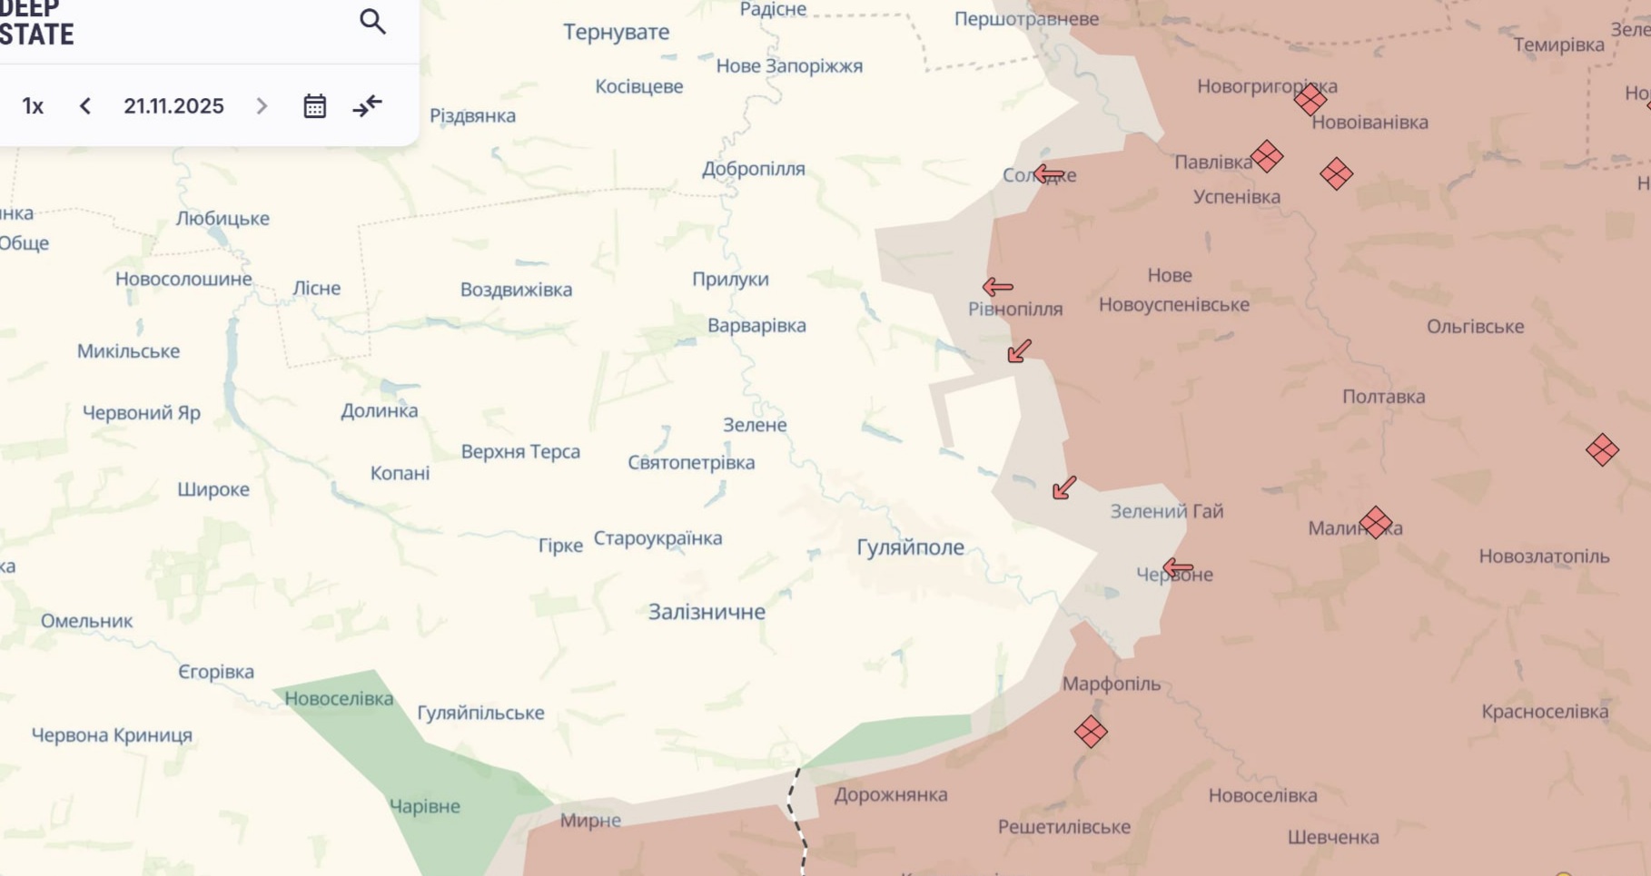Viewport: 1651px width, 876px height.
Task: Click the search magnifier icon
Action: pos(372,22)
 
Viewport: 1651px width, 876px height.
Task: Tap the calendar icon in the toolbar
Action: pos(314,106)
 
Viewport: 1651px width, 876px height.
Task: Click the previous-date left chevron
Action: pos(85,106)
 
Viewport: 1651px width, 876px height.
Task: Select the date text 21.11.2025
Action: pos(173,106)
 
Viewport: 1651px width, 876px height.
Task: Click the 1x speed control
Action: pos(33,106)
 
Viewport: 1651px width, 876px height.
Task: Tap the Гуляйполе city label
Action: pos(910,547)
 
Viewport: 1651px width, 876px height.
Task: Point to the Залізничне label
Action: pos(707,612)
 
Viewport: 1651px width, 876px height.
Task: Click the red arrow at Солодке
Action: pos(1049,173)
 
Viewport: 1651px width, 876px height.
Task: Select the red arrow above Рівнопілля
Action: pos(997,287)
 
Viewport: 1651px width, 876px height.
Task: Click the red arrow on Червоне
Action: pos(1178,568)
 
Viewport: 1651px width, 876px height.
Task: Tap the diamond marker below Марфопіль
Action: pos(1091,732)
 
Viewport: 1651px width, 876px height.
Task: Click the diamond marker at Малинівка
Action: pos(1376,523)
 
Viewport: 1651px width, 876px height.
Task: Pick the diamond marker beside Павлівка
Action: pos(1267,156)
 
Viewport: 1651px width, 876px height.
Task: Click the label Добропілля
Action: pos(753,169)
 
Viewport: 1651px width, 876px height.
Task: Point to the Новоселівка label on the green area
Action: pos(339,698)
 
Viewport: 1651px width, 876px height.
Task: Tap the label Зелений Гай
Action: pos(1166,511)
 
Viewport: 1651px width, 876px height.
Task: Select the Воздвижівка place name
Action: pos(516,290)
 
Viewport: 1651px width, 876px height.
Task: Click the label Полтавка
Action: pos(1383,397)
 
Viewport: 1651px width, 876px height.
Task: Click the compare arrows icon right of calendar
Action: pos(368,106)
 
